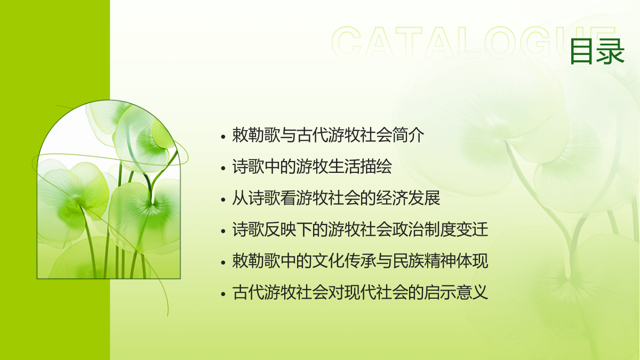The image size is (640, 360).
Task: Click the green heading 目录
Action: coord(597,51)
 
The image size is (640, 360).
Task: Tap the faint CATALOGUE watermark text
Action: coord(473,43)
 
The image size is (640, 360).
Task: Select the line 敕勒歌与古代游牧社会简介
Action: coord(328,135)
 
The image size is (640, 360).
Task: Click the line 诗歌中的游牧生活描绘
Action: coord(312,166)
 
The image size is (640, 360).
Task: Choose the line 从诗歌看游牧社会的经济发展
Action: coord(336,198)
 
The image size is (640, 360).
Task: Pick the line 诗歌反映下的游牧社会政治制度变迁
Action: coord(360,229)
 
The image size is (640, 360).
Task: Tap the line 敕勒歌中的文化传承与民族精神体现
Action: coord(360,261)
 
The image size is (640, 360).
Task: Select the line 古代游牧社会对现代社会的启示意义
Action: coord(360,292)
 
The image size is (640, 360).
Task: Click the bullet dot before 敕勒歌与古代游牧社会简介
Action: coord(223,137)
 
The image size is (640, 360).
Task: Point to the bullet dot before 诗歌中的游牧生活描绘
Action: coord(223,168)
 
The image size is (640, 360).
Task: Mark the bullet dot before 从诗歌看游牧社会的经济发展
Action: coord(223,199)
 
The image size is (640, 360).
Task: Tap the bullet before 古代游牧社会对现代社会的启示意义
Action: coord(223,294)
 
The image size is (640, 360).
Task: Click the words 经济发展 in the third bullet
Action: coord(409,198)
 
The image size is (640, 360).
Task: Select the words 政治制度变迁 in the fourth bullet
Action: coord(441,229)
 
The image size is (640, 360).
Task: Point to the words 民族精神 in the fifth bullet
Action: coord(425,261)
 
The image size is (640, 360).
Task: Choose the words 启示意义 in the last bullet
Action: coord(457,292)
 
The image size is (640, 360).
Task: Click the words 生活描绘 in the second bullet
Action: coord(361,166)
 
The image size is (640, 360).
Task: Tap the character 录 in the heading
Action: coord(611,51)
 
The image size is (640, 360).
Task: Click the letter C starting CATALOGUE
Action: coord(346,43)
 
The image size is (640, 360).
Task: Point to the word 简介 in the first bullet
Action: coord(409,135)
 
